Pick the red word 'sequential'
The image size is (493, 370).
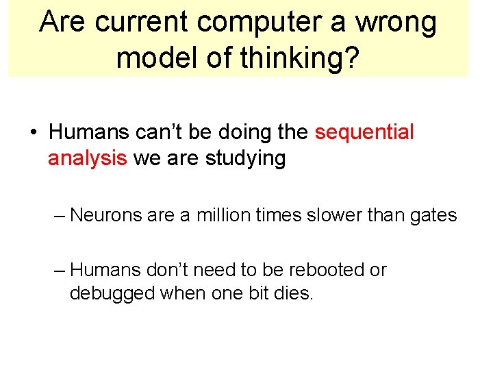(364, 133)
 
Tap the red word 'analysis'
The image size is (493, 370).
(87, 159)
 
